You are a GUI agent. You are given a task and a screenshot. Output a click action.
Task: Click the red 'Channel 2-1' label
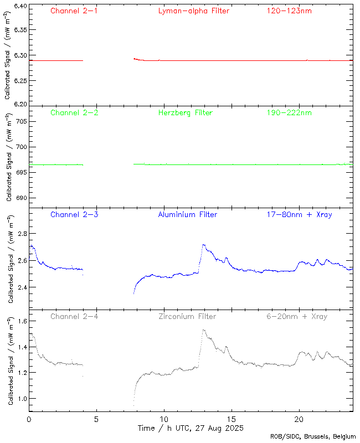point(74,11)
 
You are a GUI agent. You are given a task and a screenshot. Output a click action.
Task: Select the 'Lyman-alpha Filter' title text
point(193,11)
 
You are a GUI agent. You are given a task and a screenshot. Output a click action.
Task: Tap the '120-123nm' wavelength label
point(289,11)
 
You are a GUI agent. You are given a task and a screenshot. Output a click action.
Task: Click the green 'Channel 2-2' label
point(74,113)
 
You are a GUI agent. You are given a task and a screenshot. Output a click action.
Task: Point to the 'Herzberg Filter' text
point(186,113)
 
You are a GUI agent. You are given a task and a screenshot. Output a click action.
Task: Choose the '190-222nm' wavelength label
point(289,113)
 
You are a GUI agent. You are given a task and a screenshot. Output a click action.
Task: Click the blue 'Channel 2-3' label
point(74,214)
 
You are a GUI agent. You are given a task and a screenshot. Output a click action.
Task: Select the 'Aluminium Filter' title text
point(188,214)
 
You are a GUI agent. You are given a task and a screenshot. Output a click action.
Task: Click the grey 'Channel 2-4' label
point(74,317)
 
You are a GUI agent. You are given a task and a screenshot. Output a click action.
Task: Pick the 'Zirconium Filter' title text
point(187,317)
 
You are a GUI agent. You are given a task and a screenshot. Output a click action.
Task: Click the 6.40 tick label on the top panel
point(19,6)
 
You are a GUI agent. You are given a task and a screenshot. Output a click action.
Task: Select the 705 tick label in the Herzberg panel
point(20,121)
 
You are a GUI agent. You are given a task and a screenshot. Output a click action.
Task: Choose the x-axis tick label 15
point(232,419)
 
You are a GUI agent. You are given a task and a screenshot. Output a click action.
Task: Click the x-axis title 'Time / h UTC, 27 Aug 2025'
point(191,429)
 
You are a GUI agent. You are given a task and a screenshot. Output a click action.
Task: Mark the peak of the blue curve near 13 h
point(204,244)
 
